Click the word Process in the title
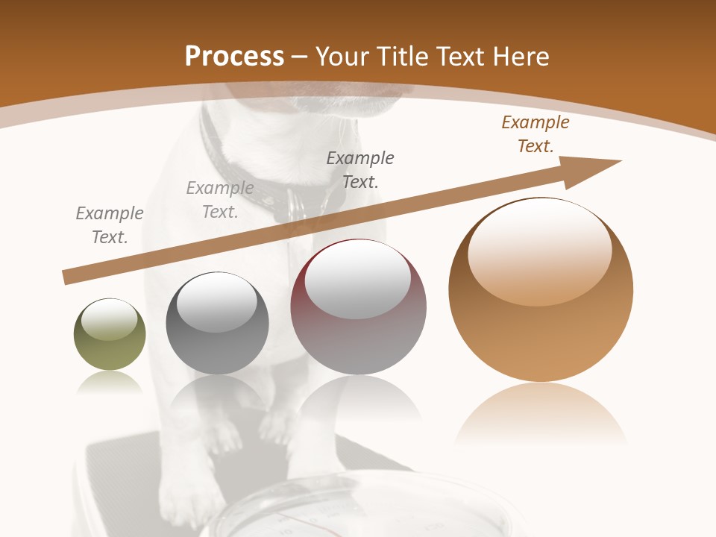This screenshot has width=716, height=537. [234, 57]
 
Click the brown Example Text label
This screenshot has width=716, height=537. [535, 134]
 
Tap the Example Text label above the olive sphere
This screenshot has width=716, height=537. [110, 225]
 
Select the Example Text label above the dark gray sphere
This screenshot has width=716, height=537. [220, 200]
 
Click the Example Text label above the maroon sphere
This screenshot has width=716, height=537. [360, 169]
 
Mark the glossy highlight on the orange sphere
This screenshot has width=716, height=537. [539, 250]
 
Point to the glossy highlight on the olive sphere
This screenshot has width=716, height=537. [109, 319]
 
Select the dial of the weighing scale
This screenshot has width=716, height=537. [313, 515]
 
